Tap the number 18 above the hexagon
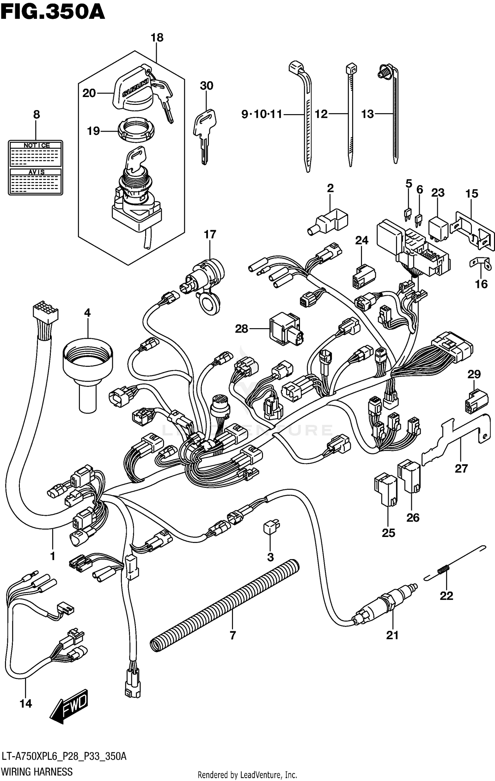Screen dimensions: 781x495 coord(157,38)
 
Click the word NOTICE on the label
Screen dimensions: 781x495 coord(36,145)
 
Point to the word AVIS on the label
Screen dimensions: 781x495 coord(36,172)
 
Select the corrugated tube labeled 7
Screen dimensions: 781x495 coord(224,605)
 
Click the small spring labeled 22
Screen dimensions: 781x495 coord(444,569)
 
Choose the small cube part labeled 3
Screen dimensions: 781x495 coord(271,526)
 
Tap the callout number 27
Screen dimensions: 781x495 coord(461,468)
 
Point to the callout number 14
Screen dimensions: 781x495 coord(26,703)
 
